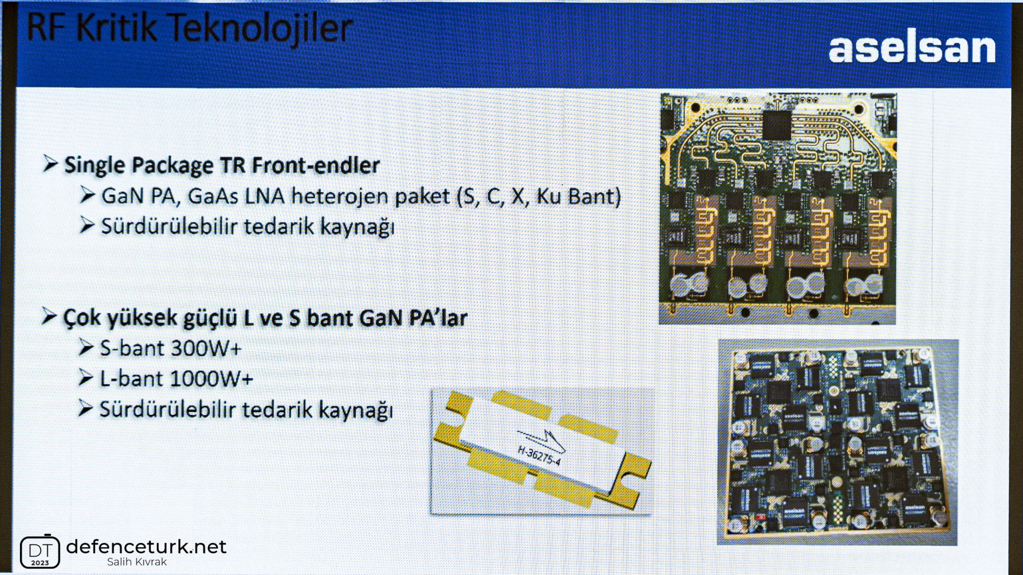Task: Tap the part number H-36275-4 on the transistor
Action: [x=539, y=456]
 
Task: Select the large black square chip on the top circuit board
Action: [x=777, y=125]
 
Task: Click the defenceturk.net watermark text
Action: [x=146, y=547]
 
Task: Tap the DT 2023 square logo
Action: [x=40, y=551]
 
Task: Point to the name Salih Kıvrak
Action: [x=137, y=562]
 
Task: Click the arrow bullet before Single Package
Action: [x=50, y=164]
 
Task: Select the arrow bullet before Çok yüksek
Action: [x=49, y=317]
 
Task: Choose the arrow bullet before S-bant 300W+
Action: [x=86, y=347]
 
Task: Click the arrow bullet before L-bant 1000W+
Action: [x=86, y=378]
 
